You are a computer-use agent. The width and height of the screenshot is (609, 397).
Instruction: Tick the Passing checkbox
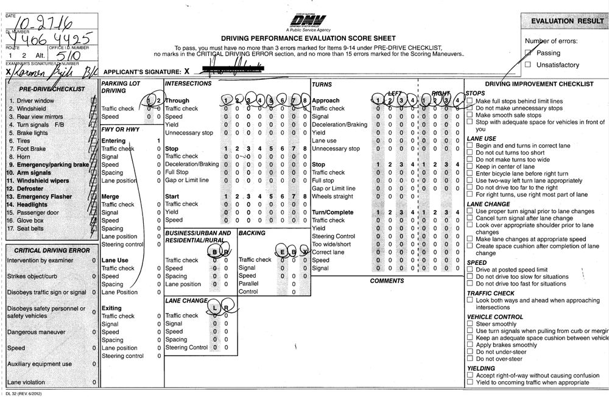pos(527,54)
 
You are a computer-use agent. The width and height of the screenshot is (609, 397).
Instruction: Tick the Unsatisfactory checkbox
pos(527,65)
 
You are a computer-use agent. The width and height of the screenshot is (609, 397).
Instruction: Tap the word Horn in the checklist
pos(24,156)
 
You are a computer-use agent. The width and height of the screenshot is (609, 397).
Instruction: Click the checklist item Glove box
pos(30,220)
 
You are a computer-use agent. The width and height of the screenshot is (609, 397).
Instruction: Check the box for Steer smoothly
pos(470,324)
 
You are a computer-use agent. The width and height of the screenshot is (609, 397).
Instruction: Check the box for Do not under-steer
pos(470,352)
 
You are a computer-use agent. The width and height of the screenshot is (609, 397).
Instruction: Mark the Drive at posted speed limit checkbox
pos(470,270)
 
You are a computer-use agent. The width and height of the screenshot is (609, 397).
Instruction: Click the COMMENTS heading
pos(387,281)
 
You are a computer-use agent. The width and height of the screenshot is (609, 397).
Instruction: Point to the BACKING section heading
pos(252,233)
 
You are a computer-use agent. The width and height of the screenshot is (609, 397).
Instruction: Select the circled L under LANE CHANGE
pos(214,308)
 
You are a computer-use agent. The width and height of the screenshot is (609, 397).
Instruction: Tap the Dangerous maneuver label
pos(36,332)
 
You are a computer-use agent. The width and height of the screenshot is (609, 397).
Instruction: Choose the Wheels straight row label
pos(332,196)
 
